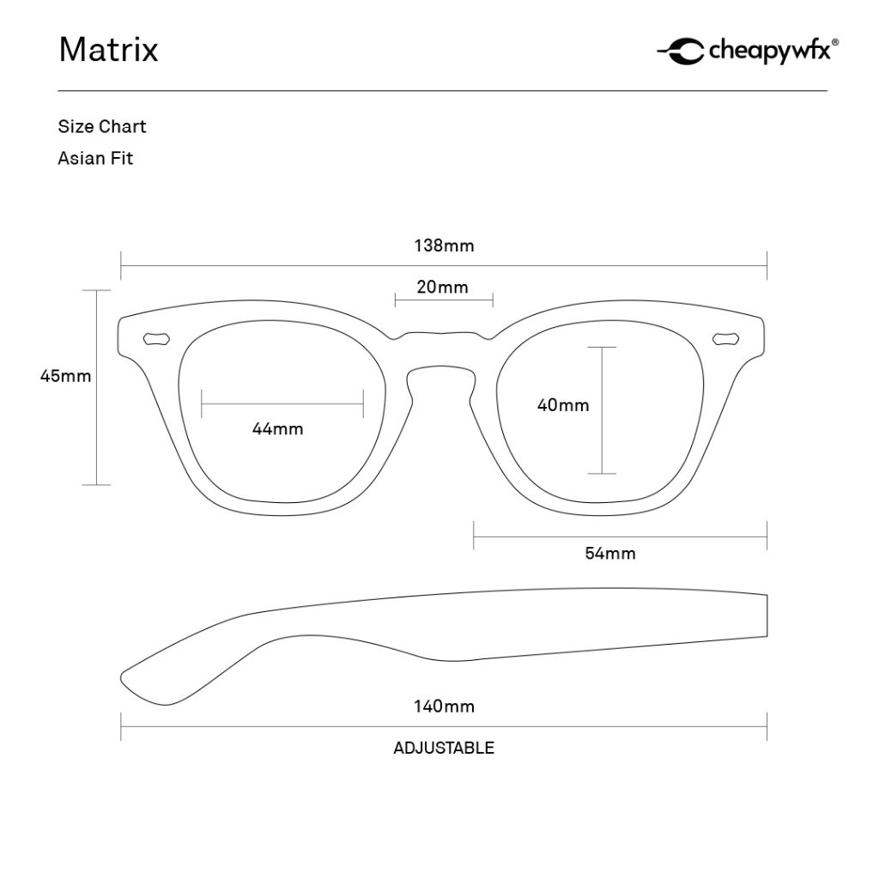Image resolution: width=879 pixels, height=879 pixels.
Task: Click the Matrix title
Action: [x=108, y=50]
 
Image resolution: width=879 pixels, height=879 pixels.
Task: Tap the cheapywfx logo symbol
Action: [x=681, y=52]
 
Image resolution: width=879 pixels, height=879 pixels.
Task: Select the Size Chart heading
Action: [x=102, y=126]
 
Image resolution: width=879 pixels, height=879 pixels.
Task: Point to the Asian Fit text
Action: [x=95, y=158]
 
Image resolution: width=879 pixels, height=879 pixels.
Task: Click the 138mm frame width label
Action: [x=444, y=246]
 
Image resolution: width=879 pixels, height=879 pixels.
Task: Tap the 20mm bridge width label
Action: [x=443, y=287]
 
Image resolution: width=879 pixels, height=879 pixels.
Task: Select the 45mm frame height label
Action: [x=65, y=375]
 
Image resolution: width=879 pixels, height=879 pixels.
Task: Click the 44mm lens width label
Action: [x=277, y=428]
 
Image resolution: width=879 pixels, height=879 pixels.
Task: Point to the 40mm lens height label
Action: [x=563, y=405]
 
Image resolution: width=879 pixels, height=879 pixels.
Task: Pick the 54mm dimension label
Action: [x=610, y=553]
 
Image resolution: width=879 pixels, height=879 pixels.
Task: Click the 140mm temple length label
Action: [x=444, y=706]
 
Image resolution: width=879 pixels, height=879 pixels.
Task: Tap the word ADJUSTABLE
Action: [x=444, y=748]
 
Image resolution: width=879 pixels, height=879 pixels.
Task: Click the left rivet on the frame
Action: [x=156, y=338]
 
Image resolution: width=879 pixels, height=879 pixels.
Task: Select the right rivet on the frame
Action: [x=727, y=338]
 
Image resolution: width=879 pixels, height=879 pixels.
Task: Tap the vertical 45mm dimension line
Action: [x=96, y=429]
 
